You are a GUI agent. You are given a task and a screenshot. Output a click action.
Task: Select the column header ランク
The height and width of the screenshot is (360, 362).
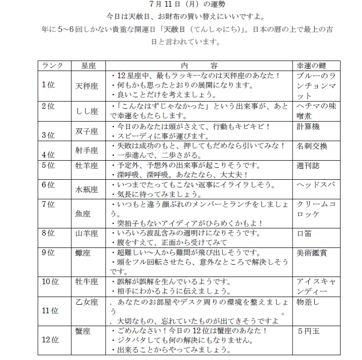tap(52, 66)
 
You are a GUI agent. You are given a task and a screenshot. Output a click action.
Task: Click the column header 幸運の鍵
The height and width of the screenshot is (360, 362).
tap(312, 66)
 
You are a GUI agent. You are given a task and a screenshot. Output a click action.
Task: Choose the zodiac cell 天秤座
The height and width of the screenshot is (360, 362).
tap(87, 86)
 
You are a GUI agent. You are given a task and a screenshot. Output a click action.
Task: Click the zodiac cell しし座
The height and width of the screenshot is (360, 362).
tap(87, 111)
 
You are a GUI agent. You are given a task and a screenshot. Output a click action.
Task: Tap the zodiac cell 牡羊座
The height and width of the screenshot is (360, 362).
tap(87, 166)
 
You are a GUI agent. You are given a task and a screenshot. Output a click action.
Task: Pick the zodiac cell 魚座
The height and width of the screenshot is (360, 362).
tap(83, 214)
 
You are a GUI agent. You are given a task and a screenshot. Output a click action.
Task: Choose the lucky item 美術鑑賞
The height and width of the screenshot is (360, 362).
tap(312, 253)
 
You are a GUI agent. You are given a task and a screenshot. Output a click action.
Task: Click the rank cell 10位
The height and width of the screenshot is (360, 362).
tap(50, 281)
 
